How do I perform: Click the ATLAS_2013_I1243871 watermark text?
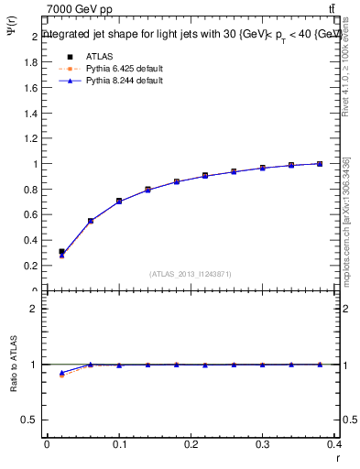pyautogui.click(x=190, y=274)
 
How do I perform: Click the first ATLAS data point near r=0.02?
pyautogui.click(x=61, y=251)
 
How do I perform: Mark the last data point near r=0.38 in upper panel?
pyautogui.click(x=320, y=164)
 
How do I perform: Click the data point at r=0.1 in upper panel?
pyautogui.click(x=119, y=201)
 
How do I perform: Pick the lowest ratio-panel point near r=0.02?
pyautogui.click(x=61, y=375)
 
